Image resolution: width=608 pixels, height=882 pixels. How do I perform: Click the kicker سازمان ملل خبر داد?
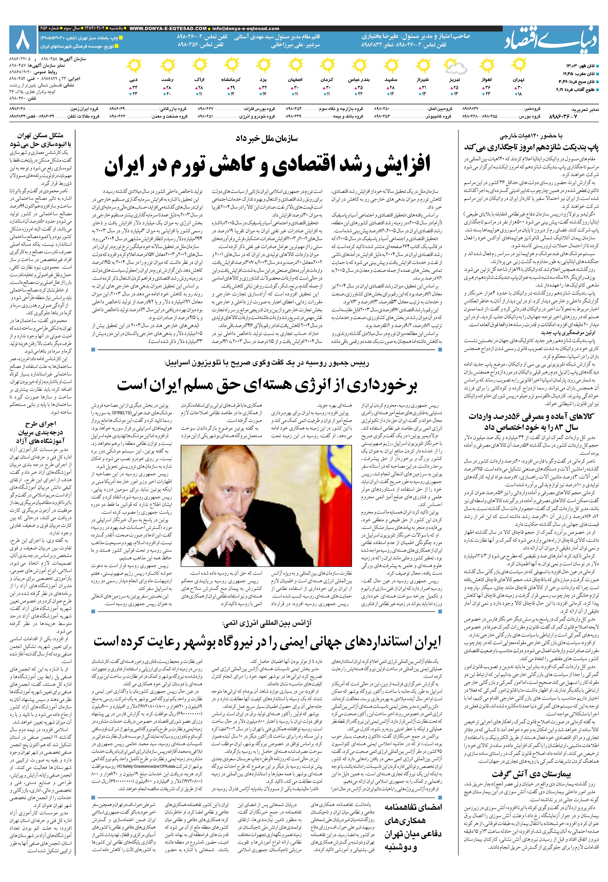pyautogui.click(x=267, y=139)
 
